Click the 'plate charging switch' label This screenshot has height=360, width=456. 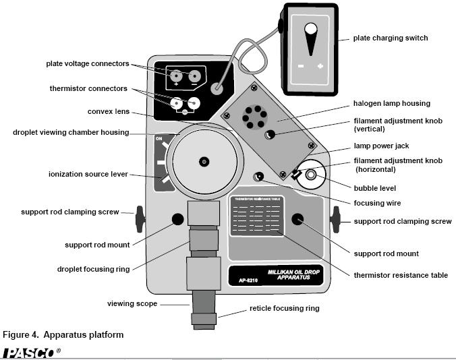click(390, 38)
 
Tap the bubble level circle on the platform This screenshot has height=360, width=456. click(311, 175)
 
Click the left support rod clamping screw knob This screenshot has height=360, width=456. click(140, 218)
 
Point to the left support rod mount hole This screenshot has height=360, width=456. click(177, 218)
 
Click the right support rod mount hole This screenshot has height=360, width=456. click(297, 218)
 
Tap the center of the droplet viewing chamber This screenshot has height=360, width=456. click(204, 160)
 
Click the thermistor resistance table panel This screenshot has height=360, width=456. click(256, 215)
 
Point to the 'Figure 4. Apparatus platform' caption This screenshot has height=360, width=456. click(63, 334)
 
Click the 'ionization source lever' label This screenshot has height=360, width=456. click(89, 174)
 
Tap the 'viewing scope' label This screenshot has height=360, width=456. click(132, 304)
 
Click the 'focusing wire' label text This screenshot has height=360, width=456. click(377, 202)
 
